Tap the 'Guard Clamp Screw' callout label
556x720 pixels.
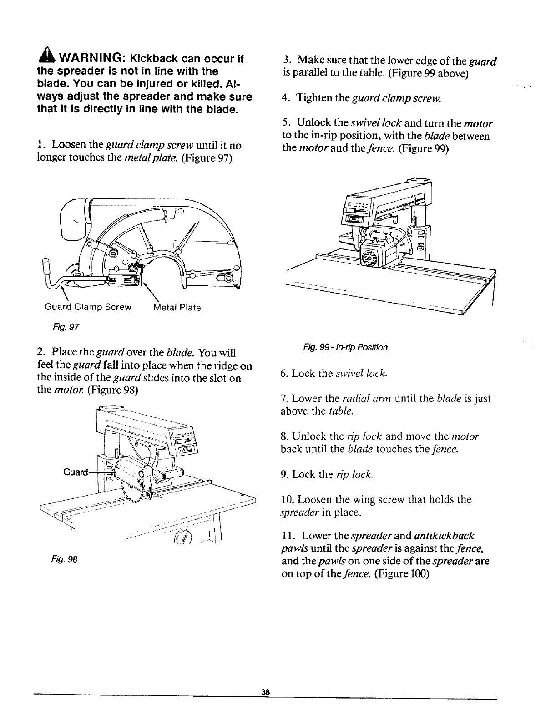88,307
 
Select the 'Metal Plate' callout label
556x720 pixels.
177,308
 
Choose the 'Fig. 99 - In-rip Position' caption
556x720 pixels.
345,348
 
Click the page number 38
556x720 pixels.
266,705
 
